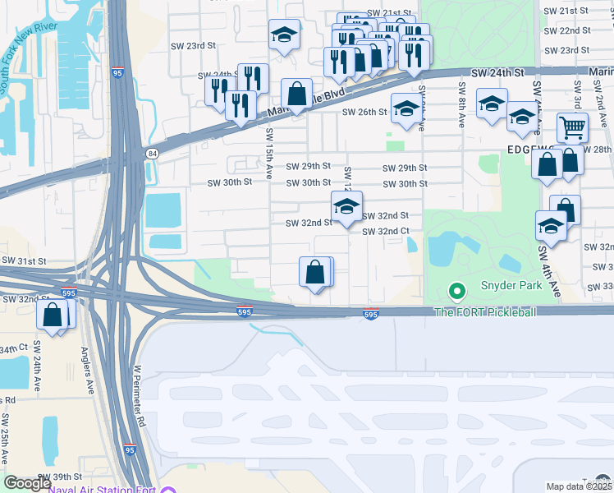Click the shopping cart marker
click(573, 127)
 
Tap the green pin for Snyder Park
click(456, 291)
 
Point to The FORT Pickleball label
click(485, 312)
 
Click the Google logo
click(27, 482)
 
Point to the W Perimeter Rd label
click(139, 397)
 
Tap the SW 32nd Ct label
click(387, 232)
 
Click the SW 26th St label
click(364, 112)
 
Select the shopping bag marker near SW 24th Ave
click(53, 315)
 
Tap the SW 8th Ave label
click(463, 96)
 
